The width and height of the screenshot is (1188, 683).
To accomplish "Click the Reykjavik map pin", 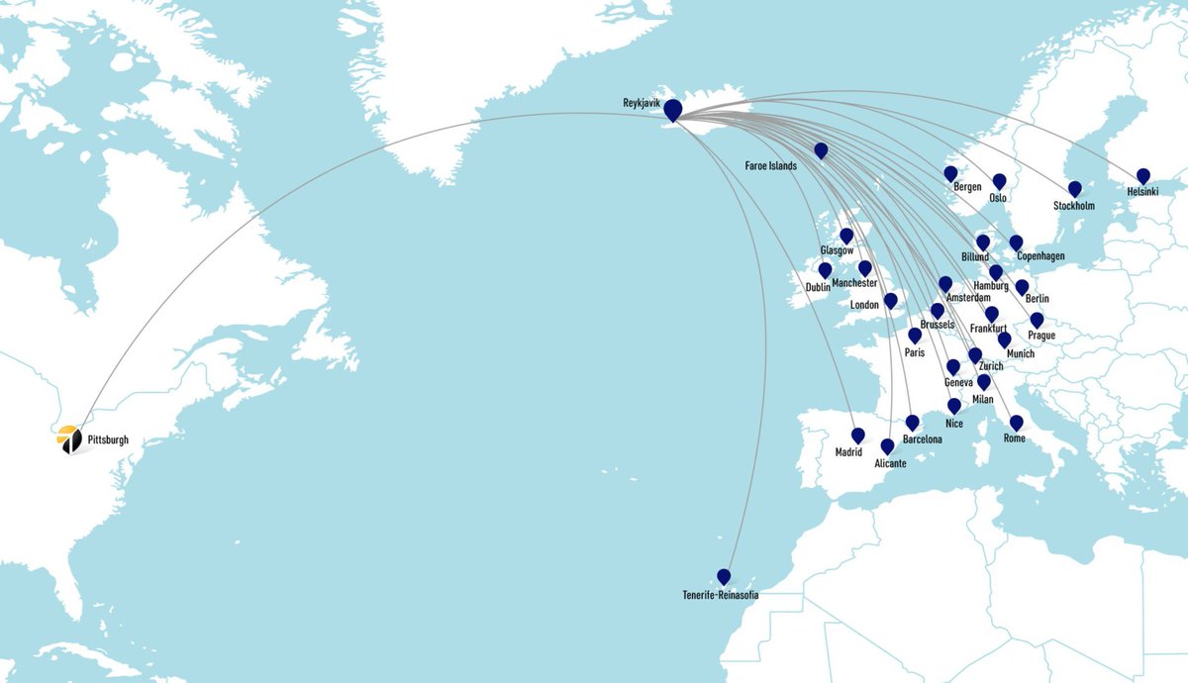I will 672,110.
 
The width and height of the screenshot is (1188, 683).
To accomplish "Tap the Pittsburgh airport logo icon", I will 69,439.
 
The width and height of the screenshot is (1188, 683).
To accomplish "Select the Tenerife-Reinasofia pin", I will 724,576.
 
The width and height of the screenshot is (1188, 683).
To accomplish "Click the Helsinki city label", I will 1141,191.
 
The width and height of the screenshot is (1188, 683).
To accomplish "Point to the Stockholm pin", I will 1074,188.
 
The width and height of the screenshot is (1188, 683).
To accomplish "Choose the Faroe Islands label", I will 770,166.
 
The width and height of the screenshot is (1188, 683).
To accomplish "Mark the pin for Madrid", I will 857,435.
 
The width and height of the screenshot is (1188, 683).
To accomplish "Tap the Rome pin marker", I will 1016,423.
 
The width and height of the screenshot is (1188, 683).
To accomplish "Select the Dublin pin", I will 825,269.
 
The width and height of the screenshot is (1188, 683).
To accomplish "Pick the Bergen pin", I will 950,173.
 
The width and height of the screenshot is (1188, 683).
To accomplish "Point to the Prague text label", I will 1040,336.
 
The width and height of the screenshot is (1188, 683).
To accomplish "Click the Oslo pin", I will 999,181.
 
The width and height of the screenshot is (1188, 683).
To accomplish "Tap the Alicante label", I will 890,463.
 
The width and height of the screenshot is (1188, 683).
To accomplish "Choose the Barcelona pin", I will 913,422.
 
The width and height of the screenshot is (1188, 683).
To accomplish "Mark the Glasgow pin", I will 845,236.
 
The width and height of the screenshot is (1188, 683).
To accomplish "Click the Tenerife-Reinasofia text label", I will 721,595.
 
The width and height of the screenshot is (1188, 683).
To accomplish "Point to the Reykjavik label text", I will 642,104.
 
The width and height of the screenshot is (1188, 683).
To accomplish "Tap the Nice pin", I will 954,405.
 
